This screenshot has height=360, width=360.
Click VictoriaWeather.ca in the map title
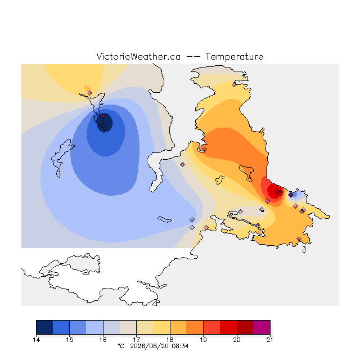click(138, 57)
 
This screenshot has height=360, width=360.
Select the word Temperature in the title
click(234, 57)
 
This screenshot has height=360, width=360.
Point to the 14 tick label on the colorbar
click(37, 340)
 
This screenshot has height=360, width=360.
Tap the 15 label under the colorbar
click(70, 340)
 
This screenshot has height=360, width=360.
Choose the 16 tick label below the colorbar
click(103, 340)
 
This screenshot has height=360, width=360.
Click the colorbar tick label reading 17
click(136, 340)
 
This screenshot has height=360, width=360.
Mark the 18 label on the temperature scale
click(170, 340)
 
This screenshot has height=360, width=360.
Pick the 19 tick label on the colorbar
click(203, 340)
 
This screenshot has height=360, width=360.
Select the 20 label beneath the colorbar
click(237, 340)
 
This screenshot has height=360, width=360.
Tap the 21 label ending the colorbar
click(270, 340)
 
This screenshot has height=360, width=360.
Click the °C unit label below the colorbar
click(121, 346)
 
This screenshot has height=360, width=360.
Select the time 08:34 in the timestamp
click(180, 346)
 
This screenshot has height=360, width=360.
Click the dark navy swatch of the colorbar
click(44, 327)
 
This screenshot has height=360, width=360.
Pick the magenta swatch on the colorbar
click(262, 327)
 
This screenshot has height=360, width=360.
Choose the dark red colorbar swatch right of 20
click(245, 327)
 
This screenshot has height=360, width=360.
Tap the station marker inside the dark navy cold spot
click(102, 116)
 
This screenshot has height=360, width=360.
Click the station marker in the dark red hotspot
click(280, 192)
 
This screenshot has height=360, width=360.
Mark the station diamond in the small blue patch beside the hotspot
click(291, 195)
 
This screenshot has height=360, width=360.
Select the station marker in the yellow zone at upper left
click(90, 93)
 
